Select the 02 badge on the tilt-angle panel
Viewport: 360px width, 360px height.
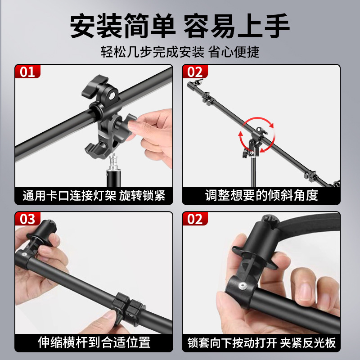(195, 72)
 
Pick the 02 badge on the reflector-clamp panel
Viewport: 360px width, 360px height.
(195, 219)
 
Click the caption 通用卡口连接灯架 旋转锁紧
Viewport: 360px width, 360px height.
(94, 196)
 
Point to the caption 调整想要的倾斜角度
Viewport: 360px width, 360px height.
(261, 196)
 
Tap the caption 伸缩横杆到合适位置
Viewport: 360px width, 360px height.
(94, 342)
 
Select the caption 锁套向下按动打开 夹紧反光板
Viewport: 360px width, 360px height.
(261, 342)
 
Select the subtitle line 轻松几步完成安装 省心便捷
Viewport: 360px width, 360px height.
(180, 52)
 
